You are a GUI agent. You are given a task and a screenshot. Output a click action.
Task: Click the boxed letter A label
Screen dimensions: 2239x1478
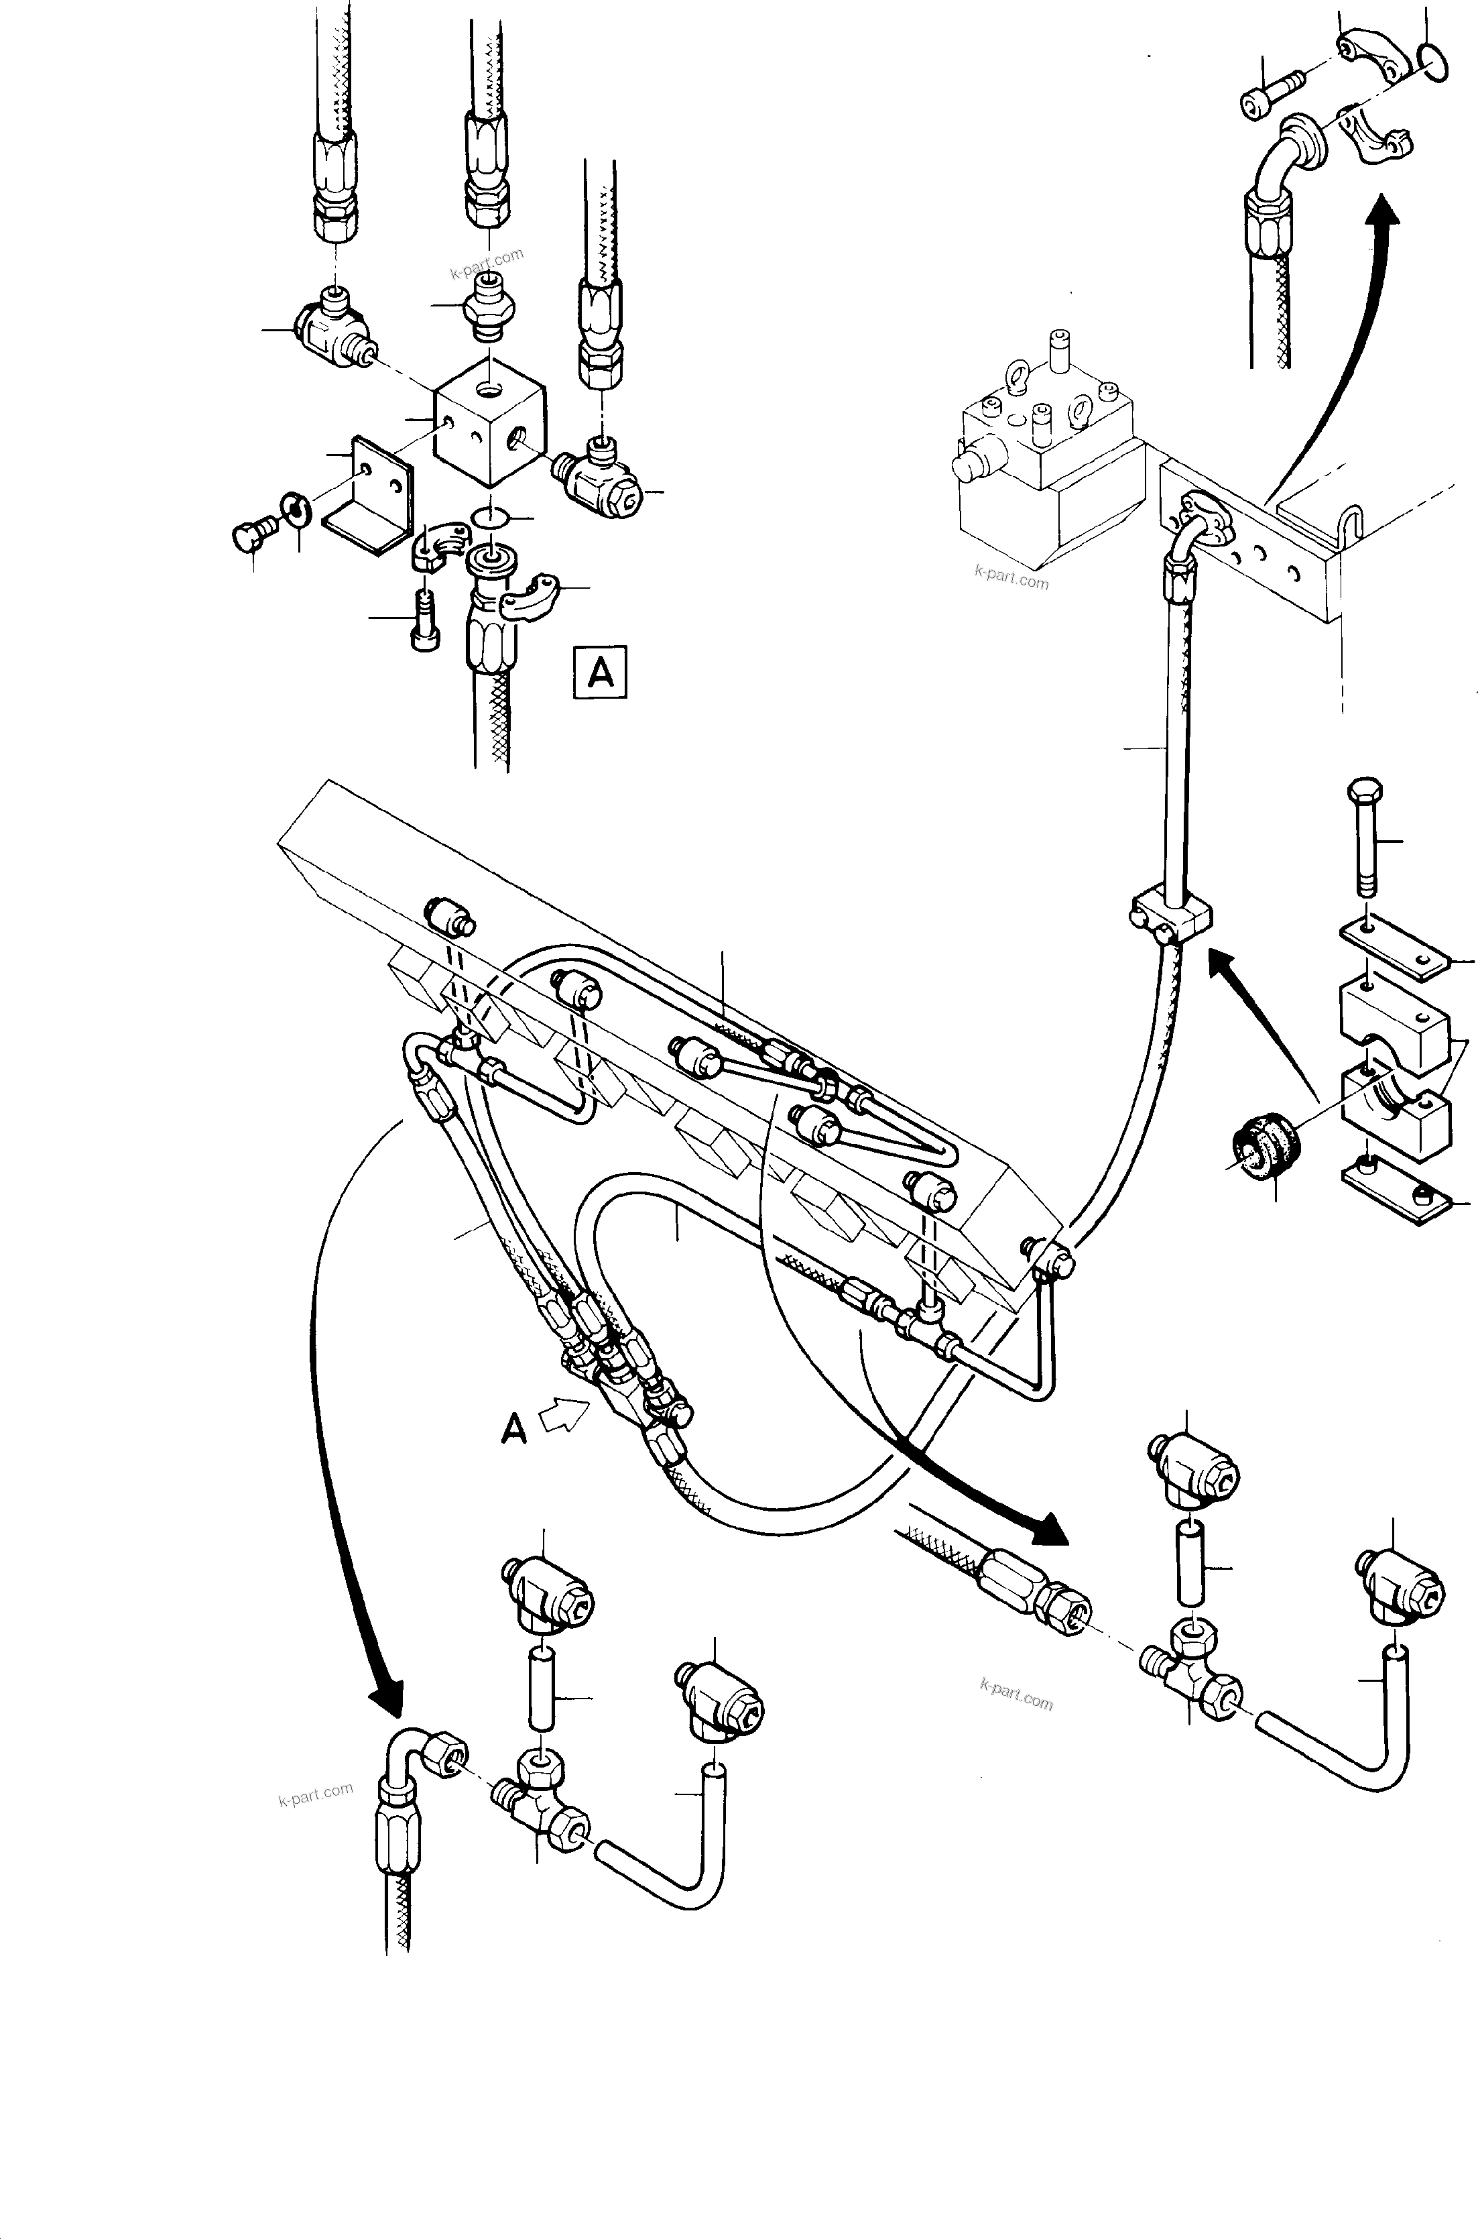click(x=601, y=671)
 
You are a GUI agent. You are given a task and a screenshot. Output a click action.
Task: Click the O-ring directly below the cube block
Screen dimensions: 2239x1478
click(x=489, y=518)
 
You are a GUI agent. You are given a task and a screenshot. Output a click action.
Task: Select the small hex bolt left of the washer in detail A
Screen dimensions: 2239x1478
click(x=250, y=536)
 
